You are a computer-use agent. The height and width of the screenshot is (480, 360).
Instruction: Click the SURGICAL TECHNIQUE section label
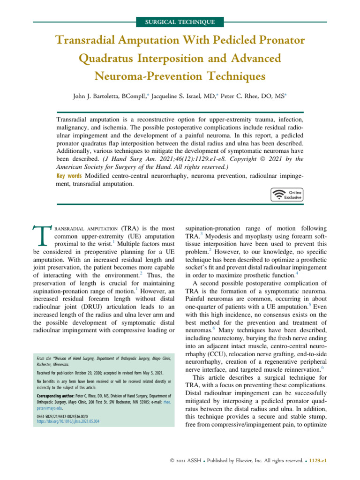tap(180, 22)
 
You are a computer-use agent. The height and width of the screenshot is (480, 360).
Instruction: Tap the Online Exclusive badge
tap(287, 195)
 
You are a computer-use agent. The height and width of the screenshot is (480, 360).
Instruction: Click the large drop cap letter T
tap(42, 236)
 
